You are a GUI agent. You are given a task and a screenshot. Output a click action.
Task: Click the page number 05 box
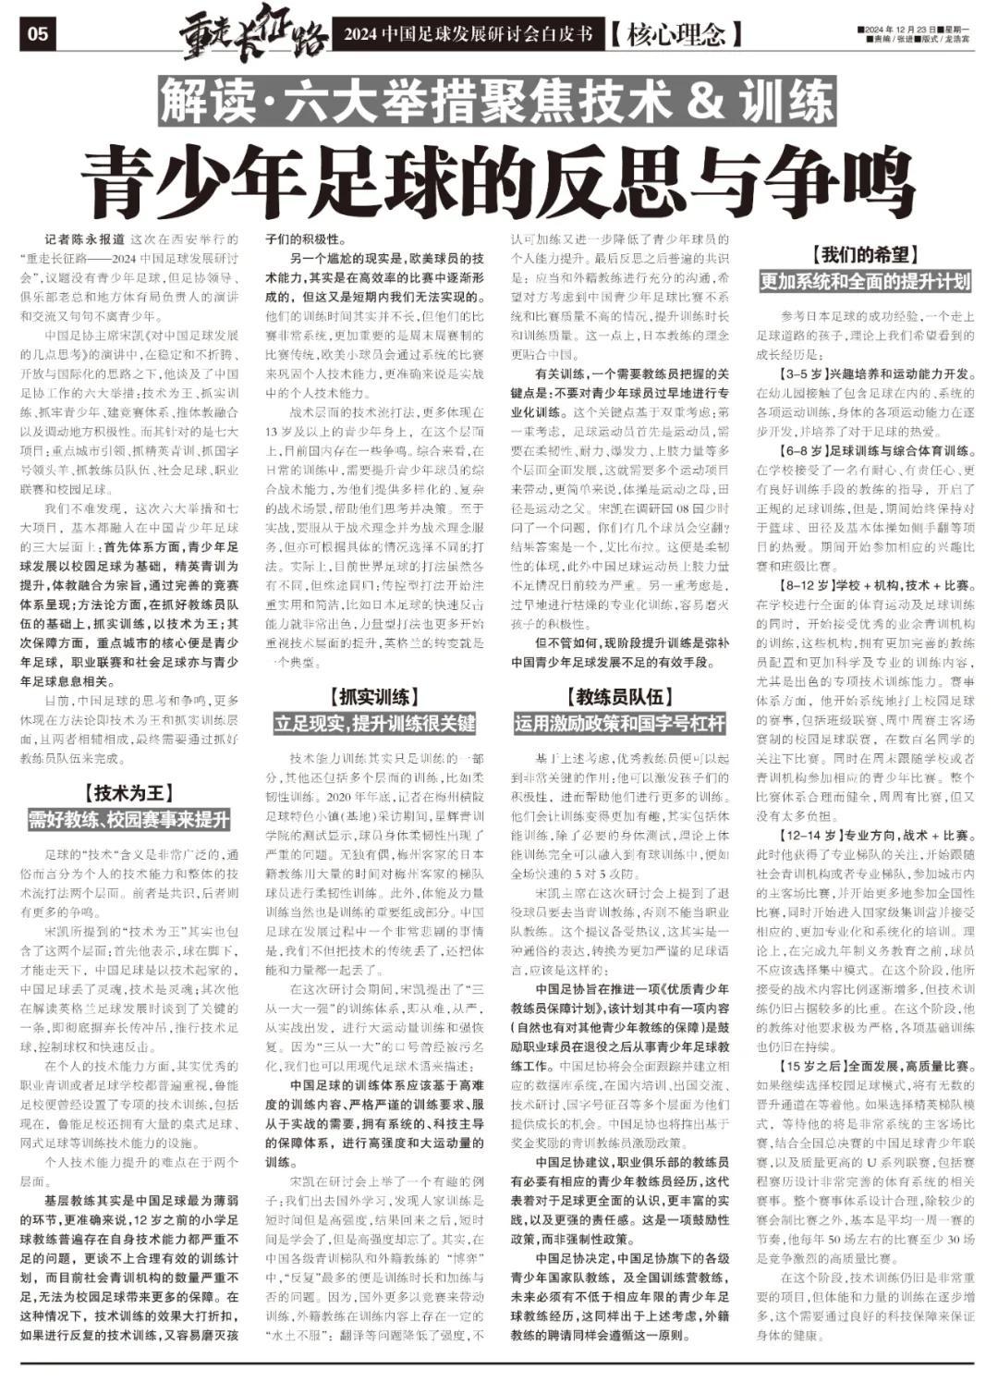point(38,35)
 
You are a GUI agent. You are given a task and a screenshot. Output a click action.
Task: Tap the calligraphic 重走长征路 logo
point(253,33)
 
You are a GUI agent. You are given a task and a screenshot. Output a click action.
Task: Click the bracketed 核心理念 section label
point(676,36)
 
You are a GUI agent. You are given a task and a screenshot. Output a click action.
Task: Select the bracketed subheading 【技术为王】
point(128,792)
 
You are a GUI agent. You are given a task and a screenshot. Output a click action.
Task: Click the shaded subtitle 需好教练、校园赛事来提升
point(128,818)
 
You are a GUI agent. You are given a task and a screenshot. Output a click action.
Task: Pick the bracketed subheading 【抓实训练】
point(373,696)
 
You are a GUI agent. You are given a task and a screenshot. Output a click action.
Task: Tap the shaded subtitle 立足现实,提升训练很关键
point(373,722)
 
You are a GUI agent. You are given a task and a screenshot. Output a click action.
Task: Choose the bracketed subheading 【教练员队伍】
point(619,696)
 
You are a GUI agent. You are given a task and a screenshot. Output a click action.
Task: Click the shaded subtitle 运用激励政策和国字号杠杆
point(619,722)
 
